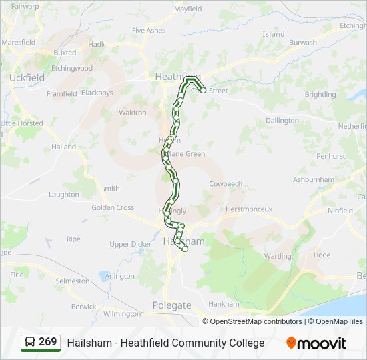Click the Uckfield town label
coord(27,77)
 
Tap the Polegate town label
coord(171,305)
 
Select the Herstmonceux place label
coord(249,209)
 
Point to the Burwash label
coord(303,43)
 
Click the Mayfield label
coord(188,9)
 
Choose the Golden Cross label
coord(113,207)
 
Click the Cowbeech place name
coord(226,183)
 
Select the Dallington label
coord(282,121)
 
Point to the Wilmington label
coord(122,313)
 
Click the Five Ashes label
coord(148,31)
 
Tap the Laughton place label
coord(63,195)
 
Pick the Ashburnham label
coord(313,180)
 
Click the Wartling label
coord(278,256)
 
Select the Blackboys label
coord(97,93)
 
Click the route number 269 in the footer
coord(47,342)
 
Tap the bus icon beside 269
coord(30,343)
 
